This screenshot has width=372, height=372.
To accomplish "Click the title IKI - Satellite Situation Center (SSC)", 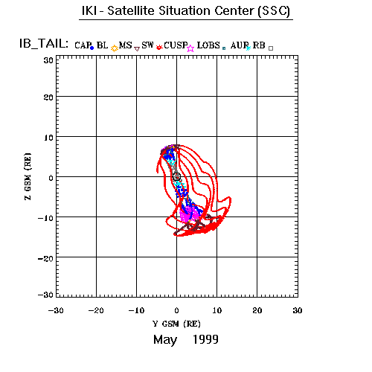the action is (x=186, y=11).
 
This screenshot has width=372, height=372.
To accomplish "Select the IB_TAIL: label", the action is (x=44, y=44).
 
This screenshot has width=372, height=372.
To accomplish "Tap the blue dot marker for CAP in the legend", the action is (x=92, y=48).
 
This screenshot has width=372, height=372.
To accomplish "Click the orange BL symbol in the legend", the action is (x=115, y=48).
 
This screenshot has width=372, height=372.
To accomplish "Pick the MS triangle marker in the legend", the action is (x=137, y=49).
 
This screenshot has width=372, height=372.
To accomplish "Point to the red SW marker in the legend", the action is (x=159, y=47).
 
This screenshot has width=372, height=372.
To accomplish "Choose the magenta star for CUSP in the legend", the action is (x=190, y=48).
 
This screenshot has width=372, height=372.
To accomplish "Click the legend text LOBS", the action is (x=208, y=45).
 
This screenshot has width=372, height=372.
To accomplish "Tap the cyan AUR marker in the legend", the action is (x=248, y=48).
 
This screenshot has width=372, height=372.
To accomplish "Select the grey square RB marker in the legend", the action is (x=271, y=48).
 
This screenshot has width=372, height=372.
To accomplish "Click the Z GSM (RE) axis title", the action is (x=28, y=176).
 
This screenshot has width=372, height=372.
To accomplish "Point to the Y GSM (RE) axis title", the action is (x=176, y=324).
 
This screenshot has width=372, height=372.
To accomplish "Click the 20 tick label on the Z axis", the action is (x=48, y=97).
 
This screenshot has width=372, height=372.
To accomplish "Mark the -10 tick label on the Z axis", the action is (x=45, y=218).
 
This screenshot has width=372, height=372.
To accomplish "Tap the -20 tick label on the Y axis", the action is (x=96, y=310).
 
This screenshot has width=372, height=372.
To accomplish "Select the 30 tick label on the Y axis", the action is (x=298, y=310).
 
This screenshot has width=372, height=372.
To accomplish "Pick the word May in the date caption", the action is (x=165, y=340).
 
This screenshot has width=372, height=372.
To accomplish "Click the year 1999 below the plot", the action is (x=205, y=339).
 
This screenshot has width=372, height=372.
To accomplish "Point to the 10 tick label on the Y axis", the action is (x=217, y=310).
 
